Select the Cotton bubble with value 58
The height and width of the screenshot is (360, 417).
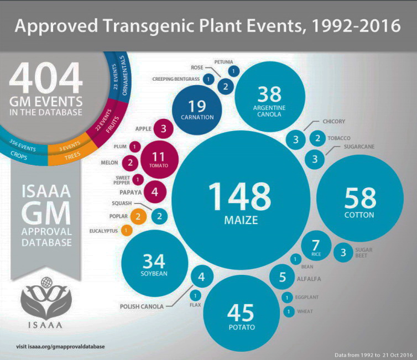[359, 202]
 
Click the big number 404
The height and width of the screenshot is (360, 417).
[45, 77]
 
